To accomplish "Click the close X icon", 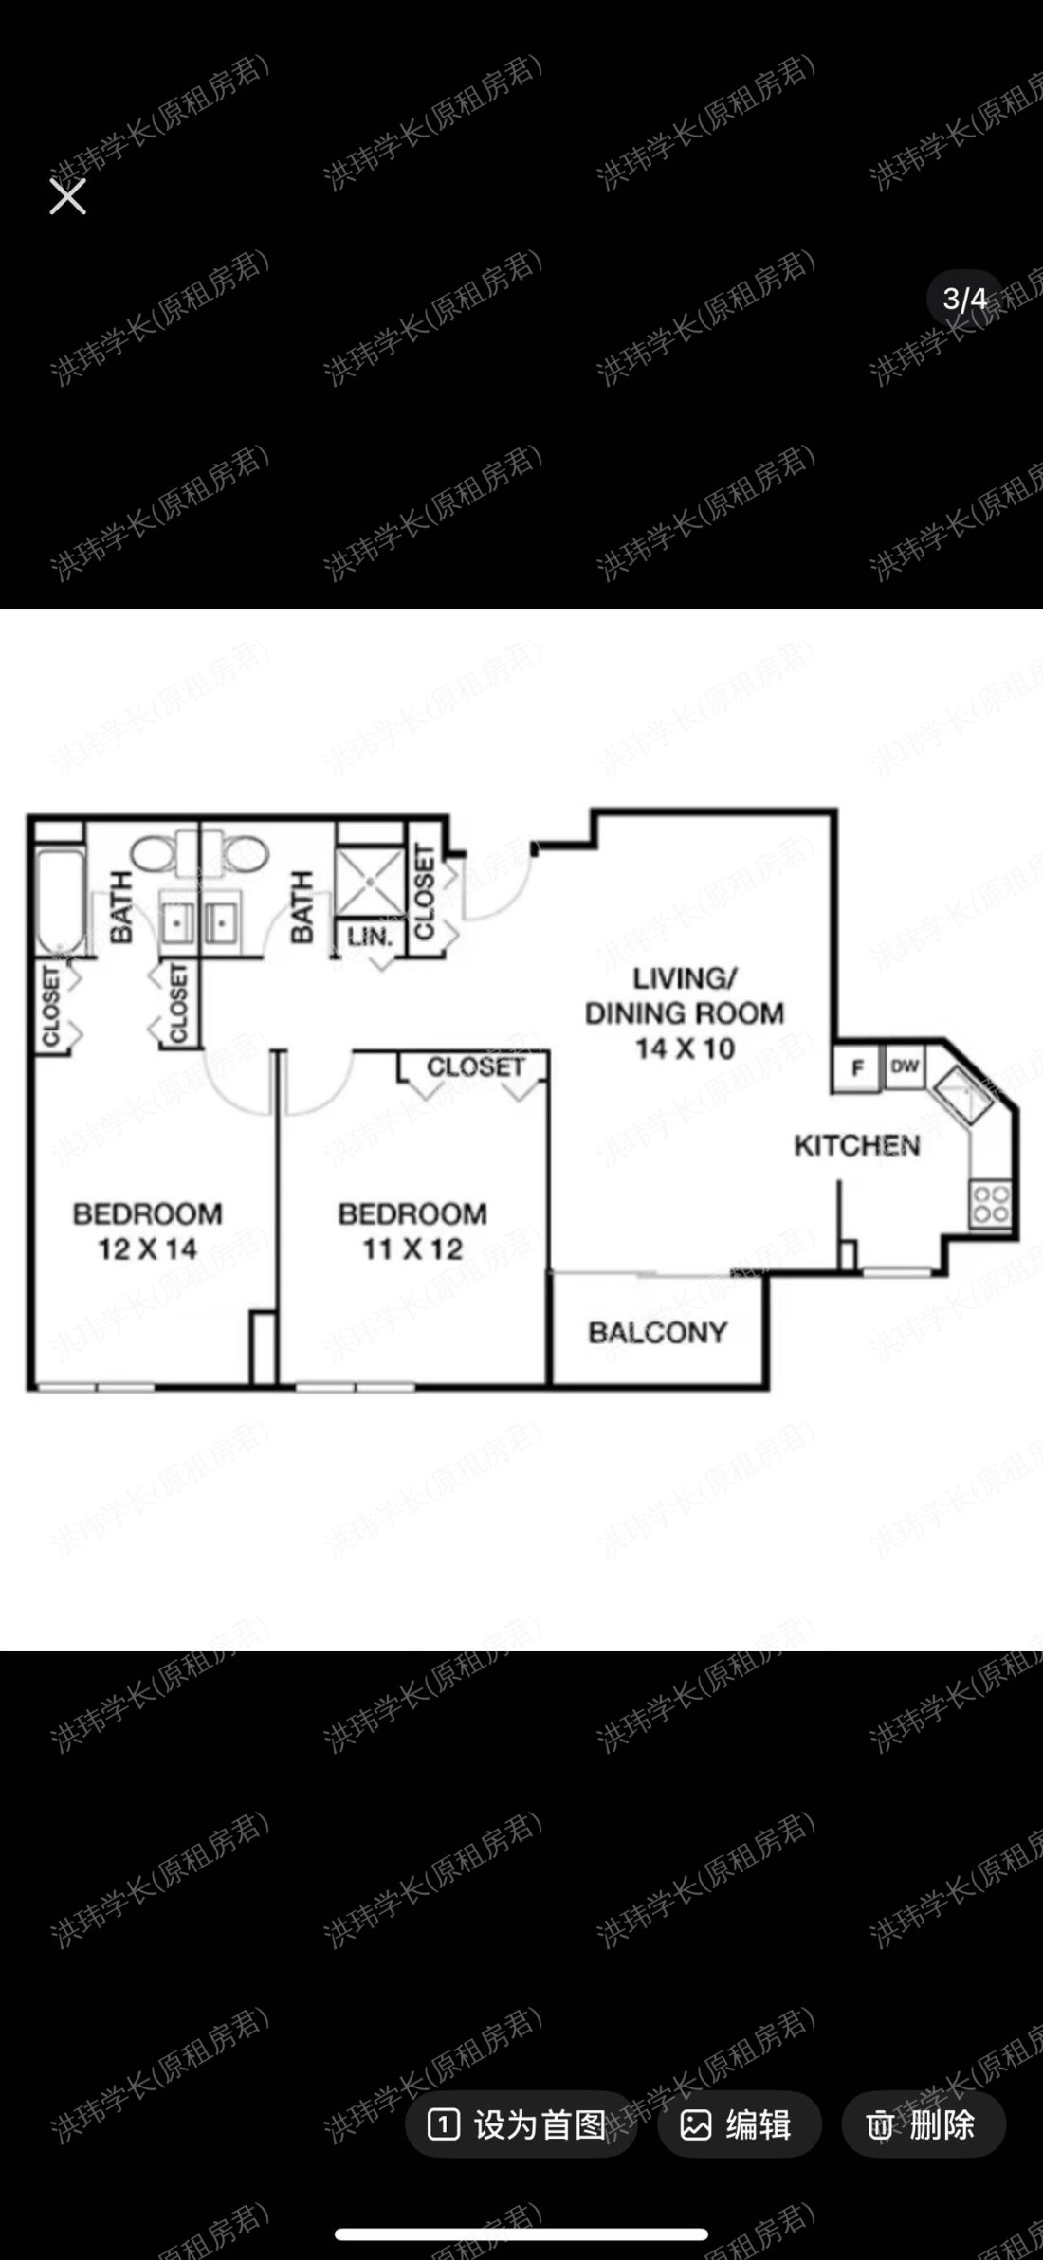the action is point(67,197).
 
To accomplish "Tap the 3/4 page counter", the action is point(964,300).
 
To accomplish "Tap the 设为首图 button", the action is point(520,2124).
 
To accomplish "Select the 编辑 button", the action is point(739,2124).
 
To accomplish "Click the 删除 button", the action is point(923,2124).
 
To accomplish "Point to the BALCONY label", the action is point(657,1333).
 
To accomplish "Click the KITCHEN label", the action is point(857,1145).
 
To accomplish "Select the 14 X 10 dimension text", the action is point(685,1048).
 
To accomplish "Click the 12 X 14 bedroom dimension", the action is point(147,1249).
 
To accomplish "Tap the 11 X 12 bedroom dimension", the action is point(412,1249).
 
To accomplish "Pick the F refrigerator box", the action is point(857,1067).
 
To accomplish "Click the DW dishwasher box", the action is point(905,1066).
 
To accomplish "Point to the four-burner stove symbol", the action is point(990,1204).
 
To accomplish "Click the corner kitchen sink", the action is point(964,1095).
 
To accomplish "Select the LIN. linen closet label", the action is point(370,938).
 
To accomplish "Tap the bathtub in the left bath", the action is point(61,901).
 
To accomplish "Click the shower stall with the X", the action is point(370,882).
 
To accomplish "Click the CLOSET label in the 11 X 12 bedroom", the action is point(476,1067).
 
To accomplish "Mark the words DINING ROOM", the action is point(685,1013).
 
